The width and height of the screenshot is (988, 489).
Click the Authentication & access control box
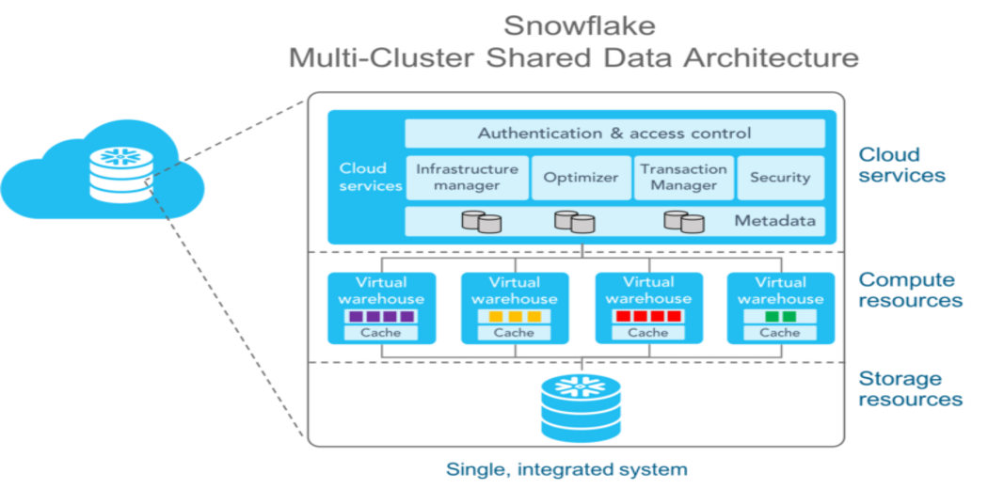tap(614, 134)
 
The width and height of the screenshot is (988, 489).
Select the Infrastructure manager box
tap(467, 178)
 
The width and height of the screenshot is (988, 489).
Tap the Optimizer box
tap(581, 178)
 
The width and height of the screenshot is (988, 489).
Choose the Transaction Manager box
tap(683, 178)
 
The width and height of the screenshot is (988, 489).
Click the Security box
tap(779, 178)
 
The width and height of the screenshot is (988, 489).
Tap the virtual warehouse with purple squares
tap(381, 308)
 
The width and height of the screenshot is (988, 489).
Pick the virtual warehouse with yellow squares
tap(514, 308)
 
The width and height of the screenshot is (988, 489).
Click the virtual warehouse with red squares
tap(647, 308)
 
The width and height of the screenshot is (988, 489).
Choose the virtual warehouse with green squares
tap(780, 308)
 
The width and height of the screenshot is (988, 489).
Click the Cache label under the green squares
tap(780, 333)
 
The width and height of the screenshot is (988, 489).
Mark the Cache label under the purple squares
tap(381, 333)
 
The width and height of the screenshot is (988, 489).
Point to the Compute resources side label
tap(909, 291)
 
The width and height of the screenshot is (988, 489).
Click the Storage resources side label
tap(909, 388)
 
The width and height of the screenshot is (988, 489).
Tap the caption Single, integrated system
tap(566, 468)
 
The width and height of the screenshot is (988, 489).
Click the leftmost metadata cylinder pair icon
tap(481, 223)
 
